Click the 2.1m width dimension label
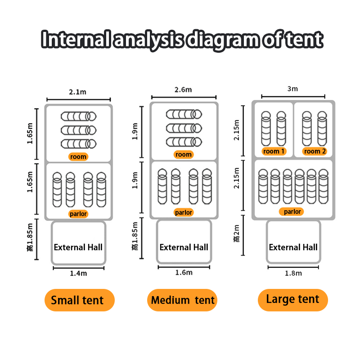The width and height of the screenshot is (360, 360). pos(78,92)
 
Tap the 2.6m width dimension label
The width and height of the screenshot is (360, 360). pos(184,90)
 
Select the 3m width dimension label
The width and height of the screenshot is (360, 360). pos(292,89)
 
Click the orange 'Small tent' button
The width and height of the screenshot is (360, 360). pos(77,300)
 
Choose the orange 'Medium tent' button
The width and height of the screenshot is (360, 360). pos(183,300)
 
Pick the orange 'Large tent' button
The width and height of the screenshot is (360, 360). pos(292,299)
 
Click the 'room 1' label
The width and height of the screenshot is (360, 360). pos(274,151)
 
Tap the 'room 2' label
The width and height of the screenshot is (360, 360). pos(315,151)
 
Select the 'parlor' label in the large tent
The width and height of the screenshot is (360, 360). pos(292,211)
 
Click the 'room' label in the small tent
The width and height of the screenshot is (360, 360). pos(78,157)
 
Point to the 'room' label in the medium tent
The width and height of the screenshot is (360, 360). pos(184,155)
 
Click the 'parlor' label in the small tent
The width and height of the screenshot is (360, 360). pos(78,214)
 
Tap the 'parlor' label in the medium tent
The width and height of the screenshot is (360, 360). pos(184,212)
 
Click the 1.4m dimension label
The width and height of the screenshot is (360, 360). pos(78,273)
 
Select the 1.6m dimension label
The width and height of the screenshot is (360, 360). pos(184,272)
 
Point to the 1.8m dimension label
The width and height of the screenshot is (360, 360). pos(293,273)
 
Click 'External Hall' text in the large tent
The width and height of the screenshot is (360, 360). pos(293,247)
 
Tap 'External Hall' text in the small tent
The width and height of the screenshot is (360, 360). pos(78,247)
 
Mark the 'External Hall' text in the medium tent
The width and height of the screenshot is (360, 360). pos(184,247)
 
